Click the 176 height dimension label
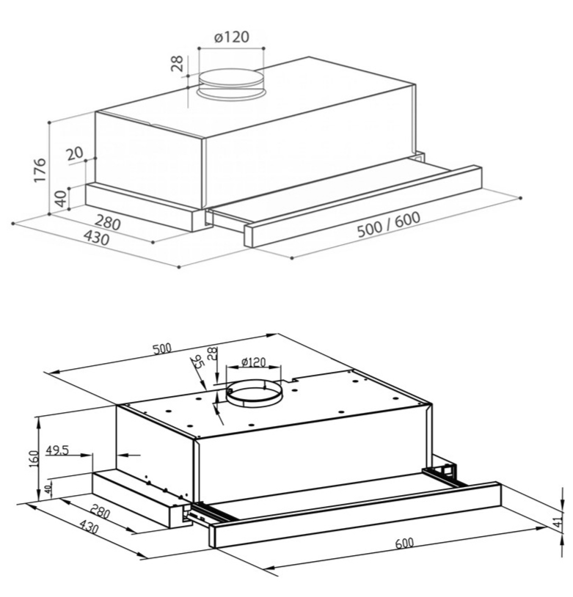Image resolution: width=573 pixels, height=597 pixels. [40, 169]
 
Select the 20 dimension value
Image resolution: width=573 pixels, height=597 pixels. [74, 153]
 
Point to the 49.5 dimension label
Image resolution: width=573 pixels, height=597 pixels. [57, 450]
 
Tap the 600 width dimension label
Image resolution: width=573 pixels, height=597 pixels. [404, 543]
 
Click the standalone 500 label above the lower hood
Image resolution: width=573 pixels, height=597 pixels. [162, 348]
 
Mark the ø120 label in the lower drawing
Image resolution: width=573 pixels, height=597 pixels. [253, 362]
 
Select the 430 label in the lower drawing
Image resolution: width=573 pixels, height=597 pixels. [88, 526]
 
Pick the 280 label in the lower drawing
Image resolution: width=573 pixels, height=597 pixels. [99, 511]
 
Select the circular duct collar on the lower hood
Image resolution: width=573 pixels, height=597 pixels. [254, 396]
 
